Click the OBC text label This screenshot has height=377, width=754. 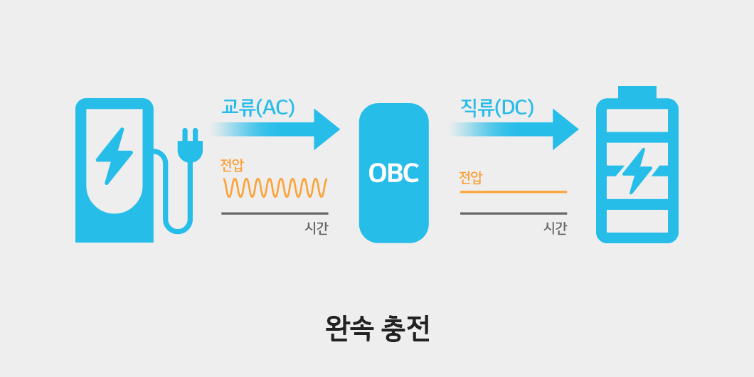[393, 174]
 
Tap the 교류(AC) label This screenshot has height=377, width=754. [258, 107]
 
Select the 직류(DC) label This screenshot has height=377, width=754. [497, 107]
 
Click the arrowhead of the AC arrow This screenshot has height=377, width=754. [326, 129]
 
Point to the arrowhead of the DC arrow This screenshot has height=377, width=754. [565, 129]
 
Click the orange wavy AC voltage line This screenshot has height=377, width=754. [275, 188]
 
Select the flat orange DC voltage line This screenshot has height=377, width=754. [513, 192]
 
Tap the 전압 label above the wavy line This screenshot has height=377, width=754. [232, 165]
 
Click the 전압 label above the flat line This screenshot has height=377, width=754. [470, 177]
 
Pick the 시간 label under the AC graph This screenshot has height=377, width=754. [317, 228]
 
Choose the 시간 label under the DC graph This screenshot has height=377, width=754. [555, 228]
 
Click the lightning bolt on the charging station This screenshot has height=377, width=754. [114, 156]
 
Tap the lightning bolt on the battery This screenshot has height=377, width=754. [637, 171]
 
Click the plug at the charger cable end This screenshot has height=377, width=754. [190, 146]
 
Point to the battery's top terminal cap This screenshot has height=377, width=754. [637, 92]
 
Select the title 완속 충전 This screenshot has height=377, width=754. [377, 328]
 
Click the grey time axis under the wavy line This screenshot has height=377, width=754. [275, 213]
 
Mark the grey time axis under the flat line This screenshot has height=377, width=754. [513, 213]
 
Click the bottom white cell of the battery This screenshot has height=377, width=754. [637, 221]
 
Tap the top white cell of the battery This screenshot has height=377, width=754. [637, 120]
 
